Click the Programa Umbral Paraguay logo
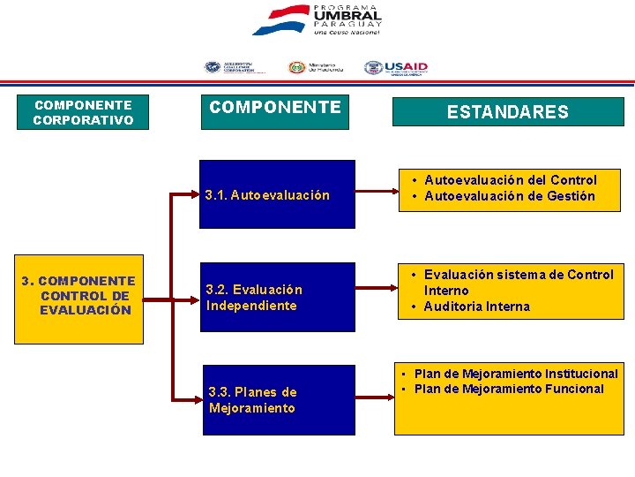coord(317,20)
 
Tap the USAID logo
coord(396,67)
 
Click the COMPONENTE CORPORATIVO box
coord(84,112)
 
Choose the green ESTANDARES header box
coord(507,112)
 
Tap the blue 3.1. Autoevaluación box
coord(279,194)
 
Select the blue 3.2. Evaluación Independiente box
coord(279,298)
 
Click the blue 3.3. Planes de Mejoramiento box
coord(279,400)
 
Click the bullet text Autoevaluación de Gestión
coord(510,196)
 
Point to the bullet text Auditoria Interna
coord(476,307)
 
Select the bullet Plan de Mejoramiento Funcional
coord(509,389)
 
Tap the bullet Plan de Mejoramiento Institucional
coord(516,374)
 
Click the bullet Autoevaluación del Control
coord(511,180)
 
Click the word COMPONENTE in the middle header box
coord(274,108)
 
